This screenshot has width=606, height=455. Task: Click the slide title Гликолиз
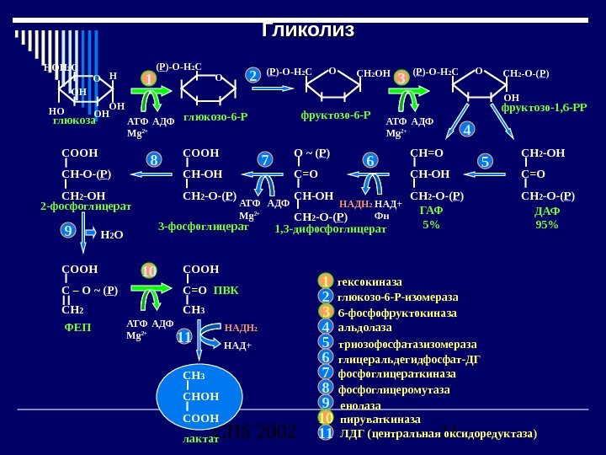(x=308, y=30)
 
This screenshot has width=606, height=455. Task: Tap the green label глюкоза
(x=74, y=120)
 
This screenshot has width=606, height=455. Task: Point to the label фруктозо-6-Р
(x=335, y=114)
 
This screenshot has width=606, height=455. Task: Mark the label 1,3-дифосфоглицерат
(x=331, y=227)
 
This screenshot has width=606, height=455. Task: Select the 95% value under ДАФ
(x=547, y=225)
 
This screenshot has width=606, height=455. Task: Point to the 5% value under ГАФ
(x=431, y=225)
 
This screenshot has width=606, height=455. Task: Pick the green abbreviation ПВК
(x=226, y=291)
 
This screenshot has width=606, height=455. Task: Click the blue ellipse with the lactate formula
(x=199, y=397)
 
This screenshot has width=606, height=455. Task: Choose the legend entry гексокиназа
(x=369, y=281)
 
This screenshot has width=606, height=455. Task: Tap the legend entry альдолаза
(x=364, y=327)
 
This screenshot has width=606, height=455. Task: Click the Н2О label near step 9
(x=111, y=235)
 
